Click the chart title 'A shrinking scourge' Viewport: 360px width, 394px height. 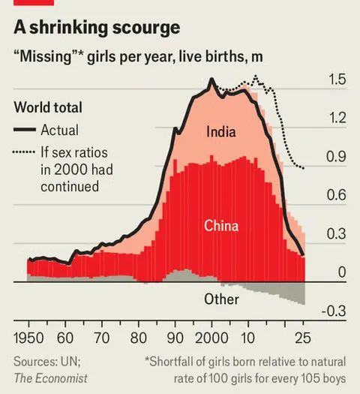pos(97,28)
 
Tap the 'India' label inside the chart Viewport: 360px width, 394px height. pos(221,133)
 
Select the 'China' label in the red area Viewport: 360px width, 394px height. pos(221,225)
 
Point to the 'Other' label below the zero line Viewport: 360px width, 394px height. pos(221,299)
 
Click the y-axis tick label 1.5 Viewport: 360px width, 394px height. pos(337,80)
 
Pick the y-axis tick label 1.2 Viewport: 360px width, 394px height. pos(337,119)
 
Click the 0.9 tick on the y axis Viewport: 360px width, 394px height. pos(337,158)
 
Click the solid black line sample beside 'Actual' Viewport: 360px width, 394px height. pos(24,130)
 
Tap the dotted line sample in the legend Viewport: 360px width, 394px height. pos(24,152)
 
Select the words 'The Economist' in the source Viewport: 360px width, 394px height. pos(50,377)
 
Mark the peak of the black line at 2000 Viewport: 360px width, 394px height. pos(212,79)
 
